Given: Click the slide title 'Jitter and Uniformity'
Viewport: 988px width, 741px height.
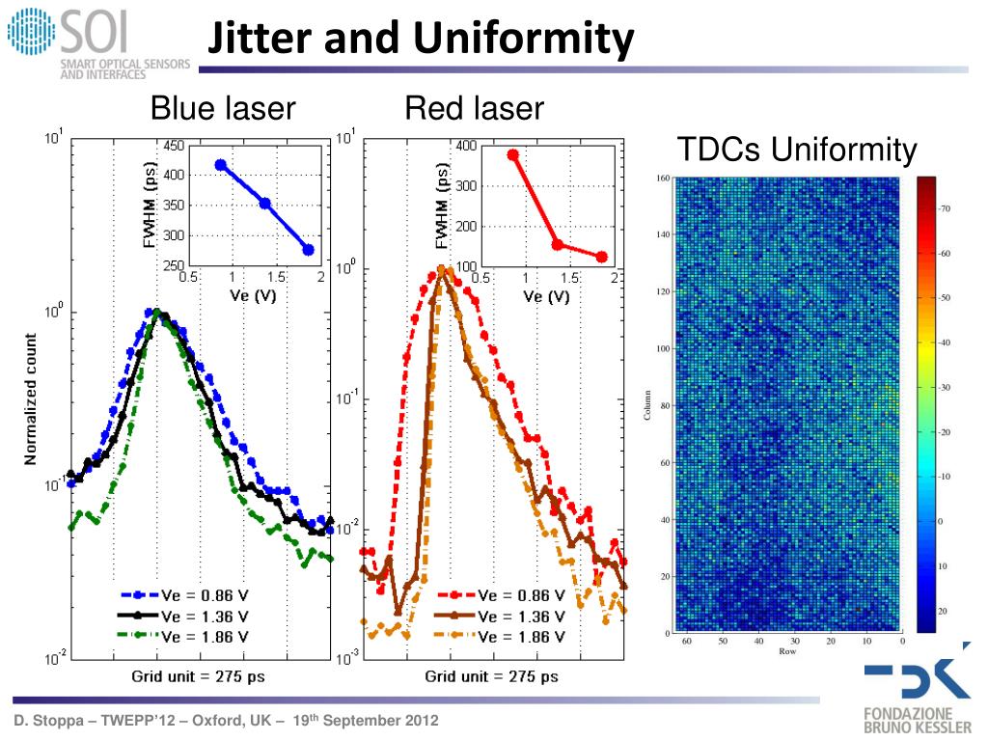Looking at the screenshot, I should pyautogui.click(x=422, y=40).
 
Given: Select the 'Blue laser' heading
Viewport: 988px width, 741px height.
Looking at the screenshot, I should pyautogui.click(x=222, y=108).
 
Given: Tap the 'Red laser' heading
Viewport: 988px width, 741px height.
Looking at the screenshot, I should pyautogui.click(x=475, y=108).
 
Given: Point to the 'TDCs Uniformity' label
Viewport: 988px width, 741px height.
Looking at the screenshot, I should pyautogui.click(x=796, y=151).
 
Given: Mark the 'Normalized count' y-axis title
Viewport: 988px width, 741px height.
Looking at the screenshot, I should pyautogui.click(x=32, y=399).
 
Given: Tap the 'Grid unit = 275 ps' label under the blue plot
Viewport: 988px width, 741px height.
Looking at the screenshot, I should pyautogui.click(x=198, y=676).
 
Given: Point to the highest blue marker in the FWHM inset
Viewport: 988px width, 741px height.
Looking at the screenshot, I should pyautogui.click(x=221, y=165).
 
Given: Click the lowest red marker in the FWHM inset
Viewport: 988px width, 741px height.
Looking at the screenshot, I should pyautogui.click(x=601, y=257).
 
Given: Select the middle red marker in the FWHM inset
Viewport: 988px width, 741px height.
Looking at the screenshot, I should pyautogui.click(x=557, y=244).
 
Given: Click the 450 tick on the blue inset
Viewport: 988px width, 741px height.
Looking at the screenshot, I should pyautogui.click(x=174, y=146).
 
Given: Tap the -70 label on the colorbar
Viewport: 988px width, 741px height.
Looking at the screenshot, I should pyautogui.click(x=947, y=207).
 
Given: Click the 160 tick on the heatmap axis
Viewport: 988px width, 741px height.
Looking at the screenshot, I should pyautogui.click(x=662, y=178).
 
